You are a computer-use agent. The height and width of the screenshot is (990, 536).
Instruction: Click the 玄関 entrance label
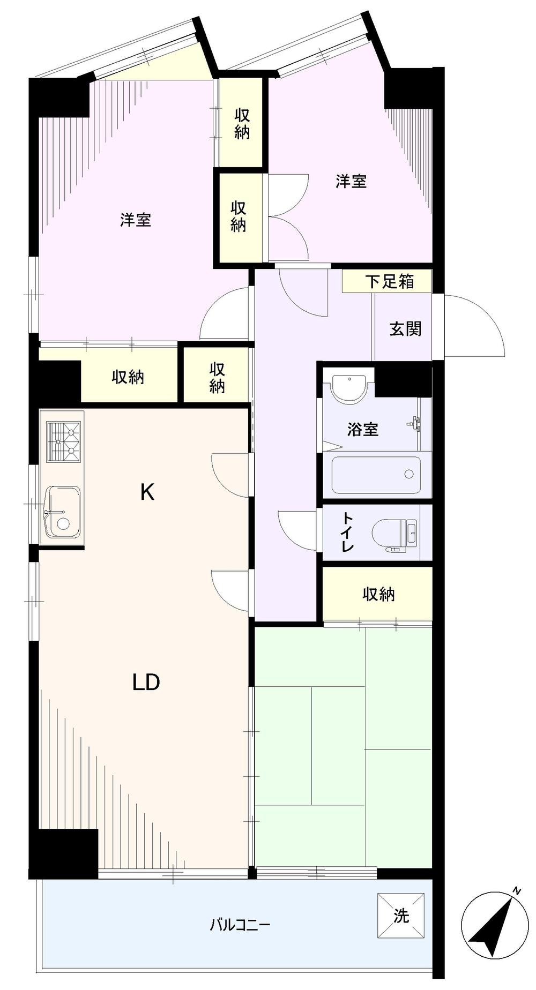pyautogui.click(x=405, y=329)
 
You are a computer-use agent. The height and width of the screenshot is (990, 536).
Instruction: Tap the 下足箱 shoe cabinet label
pyautogui.click(x=390, y=281)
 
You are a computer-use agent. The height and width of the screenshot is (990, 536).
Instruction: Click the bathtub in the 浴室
pyautogui.click(x=375, y=474)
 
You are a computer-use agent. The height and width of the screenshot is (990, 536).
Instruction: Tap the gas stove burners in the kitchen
pyautogui.click(x=63, y=440)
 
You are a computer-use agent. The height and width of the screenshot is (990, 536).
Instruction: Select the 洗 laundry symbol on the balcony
pyautogui.click(x=401, y=916)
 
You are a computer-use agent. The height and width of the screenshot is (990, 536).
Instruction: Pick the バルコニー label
pyautogui.click(x=240, y=925)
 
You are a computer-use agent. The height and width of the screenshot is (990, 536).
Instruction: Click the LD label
pyautogui.click(x=146, y=682)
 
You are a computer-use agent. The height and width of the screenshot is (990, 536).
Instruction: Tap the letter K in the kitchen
pyautogui.click(x=147, y=492)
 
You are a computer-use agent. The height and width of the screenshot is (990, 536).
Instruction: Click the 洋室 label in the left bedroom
pyautogui.click(x=135, y=220)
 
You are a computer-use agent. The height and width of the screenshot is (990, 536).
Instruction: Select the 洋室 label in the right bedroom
pyautogui.click(x=351, y=181)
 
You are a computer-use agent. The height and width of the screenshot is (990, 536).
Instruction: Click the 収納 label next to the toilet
pyautogui.click(x=378, y=594)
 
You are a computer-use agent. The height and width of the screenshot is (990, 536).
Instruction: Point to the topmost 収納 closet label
pyautogui.click(x=242, y=124)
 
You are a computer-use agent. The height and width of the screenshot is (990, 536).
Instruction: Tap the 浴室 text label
pyautogui.click(x=363, y=429)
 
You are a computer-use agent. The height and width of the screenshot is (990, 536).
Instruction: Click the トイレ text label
pyautogui.click(x=348, y=532)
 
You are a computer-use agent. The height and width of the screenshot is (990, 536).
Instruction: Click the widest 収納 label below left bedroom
pyautogui.click(x=128, y=377)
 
